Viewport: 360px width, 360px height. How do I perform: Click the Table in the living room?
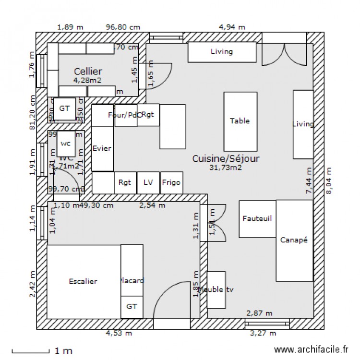pos(240,121)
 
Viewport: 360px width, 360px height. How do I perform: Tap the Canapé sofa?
pos(294,240)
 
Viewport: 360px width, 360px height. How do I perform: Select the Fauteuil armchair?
pos(257,219)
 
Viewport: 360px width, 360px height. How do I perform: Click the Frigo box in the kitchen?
pos(171,182)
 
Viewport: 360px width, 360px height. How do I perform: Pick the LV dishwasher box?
pos(148,182)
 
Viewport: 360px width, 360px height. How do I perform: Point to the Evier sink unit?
pos(102,148)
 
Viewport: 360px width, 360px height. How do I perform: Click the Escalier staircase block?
pos(83,281)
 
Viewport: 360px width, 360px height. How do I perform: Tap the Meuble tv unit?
pos(216,290)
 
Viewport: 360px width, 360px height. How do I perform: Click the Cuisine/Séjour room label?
pos(226,158)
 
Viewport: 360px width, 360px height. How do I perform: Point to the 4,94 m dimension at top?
pos(232,27)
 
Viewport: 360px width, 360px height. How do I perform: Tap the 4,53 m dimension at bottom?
pos(119,334)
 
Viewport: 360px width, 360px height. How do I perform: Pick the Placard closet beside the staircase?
pos(132,281)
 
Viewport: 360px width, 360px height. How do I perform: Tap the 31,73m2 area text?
pos(226,168)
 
